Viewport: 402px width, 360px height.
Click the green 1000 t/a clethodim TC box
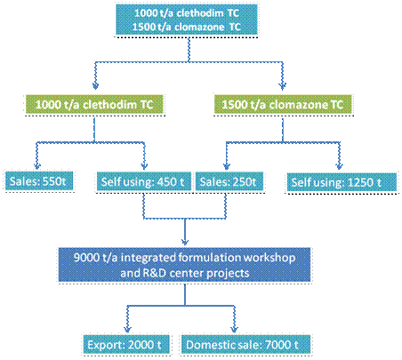tap(94, 104)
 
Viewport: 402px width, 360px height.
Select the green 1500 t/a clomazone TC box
tap(283, 104)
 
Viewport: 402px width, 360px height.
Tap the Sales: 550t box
tap(39, 180)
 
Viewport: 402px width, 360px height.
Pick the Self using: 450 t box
tap(143, 181)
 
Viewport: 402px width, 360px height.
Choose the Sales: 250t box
tap(229, 181)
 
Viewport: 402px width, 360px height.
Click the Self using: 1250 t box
tap(342, 182)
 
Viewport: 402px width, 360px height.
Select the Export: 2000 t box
tap(126, 344)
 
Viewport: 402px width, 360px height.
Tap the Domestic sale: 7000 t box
tap(245, 344)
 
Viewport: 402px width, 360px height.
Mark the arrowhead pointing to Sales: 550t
tap(37, 166)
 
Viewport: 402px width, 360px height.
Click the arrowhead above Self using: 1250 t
tap(340, 166)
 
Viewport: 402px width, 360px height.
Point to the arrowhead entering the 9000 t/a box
tap(185, 242)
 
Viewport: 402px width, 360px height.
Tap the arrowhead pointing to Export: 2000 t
tap(127, 329)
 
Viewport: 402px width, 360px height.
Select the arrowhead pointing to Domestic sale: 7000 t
tap(235, 329)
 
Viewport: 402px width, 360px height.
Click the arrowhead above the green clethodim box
tap(95, 86)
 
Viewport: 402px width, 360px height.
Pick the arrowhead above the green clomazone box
tap(282, 86)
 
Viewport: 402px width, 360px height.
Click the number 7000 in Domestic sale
tap(277, 344)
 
